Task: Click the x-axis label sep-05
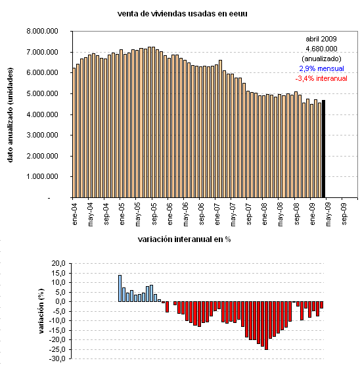coord(154,213)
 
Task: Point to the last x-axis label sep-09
coord(346,213)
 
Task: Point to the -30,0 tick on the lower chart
coord(58,359)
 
